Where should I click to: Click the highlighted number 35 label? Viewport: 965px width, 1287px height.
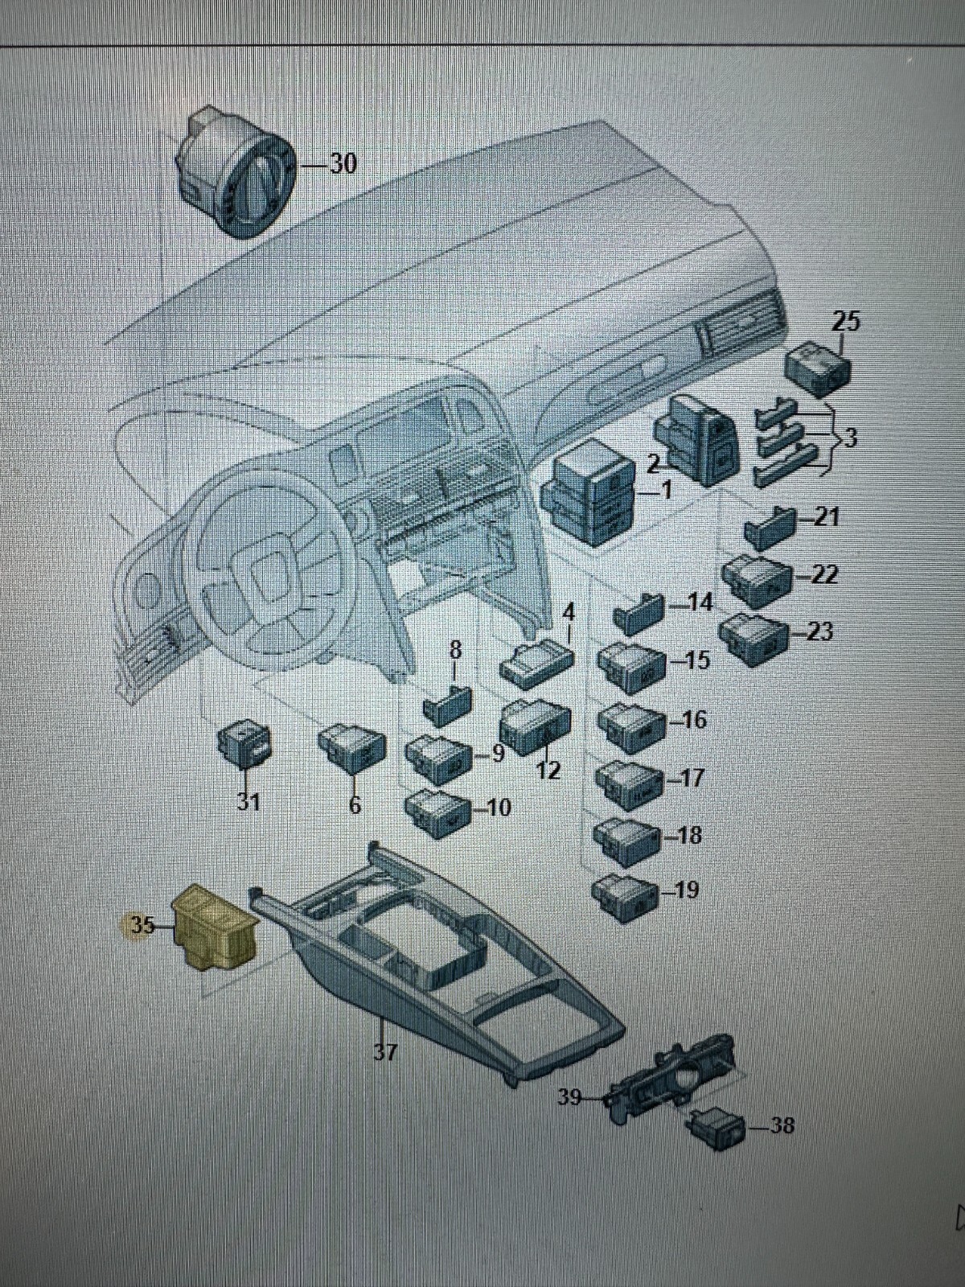coord(142,925)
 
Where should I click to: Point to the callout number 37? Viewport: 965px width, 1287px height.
coord(385,1051)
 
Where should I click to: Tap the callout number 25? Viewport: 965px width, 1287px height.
coord(845,322)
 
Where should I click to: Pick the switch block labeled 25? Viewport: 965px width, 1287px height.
coord(817,369)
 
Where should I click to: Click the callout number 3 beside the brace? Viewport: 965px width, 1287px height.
coord(851,439)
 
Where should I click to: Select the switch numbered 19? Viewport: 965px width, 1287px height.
coord(622,892)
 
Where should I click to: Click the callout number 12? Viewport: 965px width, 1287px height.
coord(548,771)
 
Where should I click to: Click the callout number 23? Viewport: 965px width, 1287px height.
coord(819,631)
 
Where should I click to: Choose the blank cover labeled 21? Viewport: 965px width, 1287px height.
coord(768,527)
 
